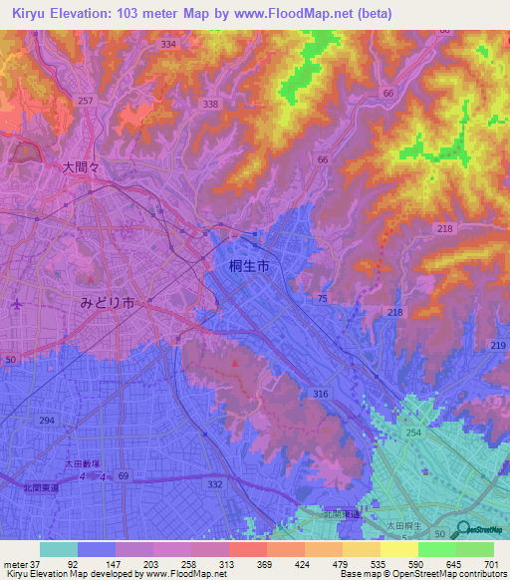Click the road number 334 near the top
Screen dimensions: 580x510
[167, 45]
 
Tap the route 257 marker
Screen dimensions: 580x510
[86, 102]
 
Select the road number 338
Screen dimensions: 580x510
[210, 104]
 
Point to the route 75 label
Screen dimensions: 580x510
[322, 299]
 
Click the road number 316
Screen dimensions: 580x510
[320, 395]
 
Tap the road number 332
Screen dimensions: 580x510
[215, 483]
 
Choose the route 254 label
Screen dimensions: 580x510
[413, 434]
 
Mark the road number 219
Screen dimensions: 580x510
[498, 345]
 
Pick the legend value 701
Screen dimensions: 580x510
[491, 564]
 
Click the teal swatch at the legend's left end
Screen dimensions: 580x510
[59, 549]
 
